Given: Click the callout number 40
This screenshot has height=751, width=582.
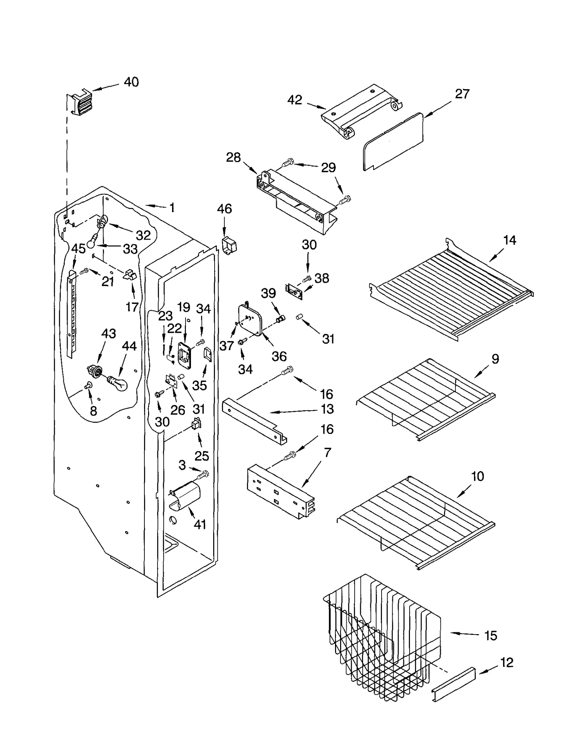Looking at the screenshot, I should click(131, 82).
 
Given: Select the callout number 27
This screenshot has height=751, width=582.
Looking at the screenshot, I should click(462, 94).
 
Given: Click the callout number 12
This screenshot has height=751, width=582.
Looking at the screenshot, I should click(507, 663).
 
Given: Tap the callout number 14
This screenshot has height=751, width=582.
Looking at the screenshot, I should click(509, 240).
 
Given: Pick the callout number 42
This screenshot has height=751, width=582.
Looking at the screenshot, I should click(295, 100).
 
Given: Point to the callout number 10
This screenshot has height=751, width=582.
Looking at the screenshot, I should click(477, 476).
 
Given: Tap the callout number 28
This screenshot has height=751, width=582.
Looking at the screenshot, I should click(233, 157).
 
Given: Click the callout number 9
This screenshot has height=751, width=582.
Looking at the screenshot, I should click(495, 359).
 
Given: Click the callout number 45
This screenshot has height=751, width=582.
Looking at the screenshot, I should click(78, 249).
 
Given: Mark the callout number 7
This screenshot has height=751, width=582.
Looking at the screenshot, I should click(327, 452).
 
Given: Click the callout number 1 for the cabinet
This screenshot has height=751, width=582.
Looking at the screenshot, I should click(172, 208).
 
